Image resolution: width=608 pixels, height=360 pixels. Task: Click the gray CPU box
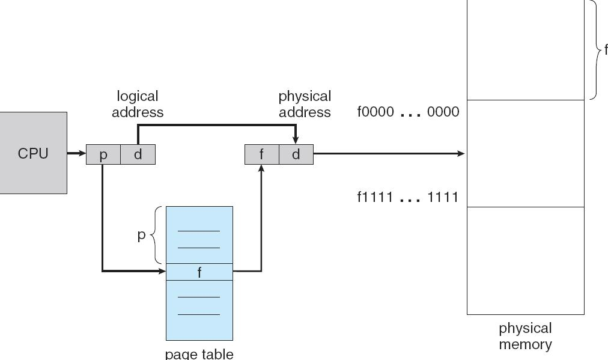[x=33, y=153]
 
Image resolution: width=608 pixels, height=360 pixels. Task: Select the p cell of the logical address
[x=103, y=154]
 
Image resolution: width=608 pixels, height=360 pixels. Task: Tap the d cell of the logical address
[x=138, y=154]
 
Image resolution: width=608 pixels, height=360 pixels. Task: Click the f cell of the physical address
[x=261, y=154]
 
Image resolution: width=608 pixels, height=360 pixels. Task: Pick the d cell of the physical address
[x=296, y=154]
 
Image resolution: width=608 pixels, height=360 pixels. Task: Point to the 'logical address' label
[x=138, y=104]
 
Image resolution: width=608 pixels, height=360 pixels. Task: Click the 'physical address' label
[x=305, y=104]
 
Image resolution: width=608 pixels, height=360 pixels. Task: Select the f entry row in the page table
[x=199, y=272]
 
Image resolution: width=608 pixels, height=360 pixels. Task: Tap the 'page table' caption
[x=199, y=353]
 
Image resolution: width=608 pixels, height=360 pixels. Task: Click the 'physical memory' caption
[x=525, y=336]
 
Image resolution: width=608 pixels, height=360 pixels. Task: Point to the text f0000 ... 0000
[x=408, y=112]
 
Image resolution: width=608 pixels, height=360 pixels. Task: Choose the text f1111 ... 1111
[x=408, y=197]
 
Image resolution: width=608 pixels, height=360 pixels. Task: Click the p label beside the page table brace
[x=142, y=235]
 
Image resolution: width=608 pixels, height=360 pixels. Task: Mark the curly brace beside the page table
[x=157, y=235]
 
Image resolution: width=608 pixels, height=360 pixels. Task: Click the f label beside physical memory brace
[x=606, y=50]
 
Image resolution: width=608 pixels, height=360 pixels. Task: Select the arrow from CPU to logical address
[x=76, y=154]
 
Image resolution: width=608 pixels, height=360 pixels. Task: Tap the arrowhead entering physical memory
[x=462, y=154]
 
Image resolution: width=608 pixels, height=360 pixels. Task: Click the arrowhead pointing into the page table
[x=162, y=271]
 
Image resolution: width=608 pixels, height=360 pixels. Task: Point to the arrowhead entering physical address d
[x=296, y=141]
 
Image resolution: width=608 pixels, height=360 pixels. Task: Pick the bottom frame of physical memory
[x=525, y=260]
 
